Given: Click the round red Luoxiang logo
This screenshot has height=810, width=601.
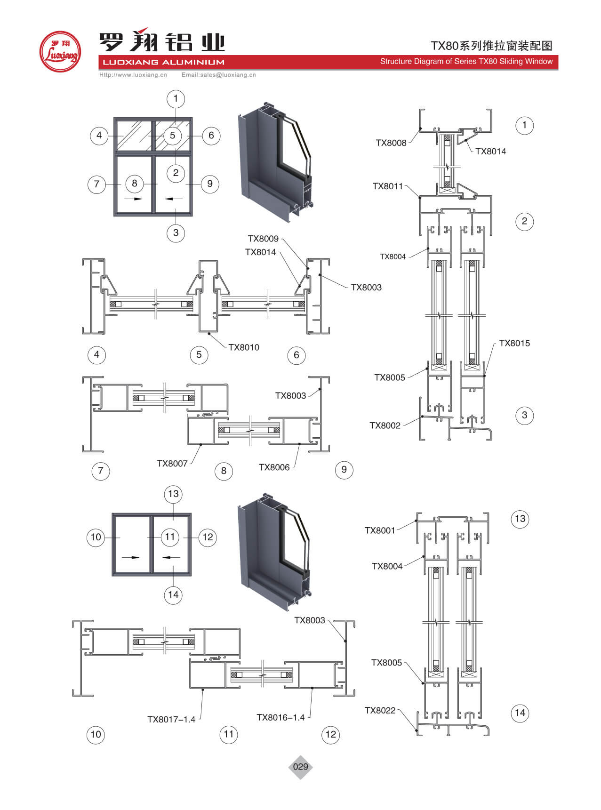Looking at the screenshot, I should pyautogui.click(x=60, y=51).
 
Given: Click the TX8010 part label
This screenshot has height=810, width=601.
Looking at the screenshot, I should pyautogui.click(x=243, y=347).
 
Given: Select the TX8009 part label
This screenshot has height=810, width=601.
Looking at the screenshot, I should pyautogui.click(x=263, y=239).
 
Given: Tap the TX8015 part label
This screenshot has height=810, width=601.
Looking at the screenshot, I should pyautogui.click(x=514, y=343).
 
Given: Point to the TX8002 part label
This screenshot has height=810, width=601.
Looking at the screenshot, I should pyautogui.click(x=385, y=425).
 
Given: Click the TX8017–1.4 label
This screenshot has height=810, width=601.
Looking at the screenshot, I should pyautogui.click(x=171, y=719).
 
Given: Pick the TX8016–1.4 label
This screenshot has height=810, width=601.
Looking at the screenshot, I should pyautogui.click(x=280, y=717).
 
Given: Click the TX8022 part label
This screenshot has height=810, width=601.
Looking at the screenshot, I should pyautogui.click(x=380, y=710).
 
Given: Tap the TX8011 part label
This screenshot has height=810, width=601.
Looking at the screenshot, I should pyautogui.click(x=387, y=186).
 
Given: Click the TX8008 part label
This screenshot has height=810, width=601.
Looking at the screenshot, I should pyautogui.click(x=391, y=143).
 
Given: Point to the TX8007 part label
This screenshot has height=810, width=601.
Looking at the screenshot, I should pyautogui.click(x=172, y=464).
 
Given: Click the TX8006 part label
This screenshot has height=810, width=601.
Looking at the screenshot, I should pyautogui.click(x=274, y=467).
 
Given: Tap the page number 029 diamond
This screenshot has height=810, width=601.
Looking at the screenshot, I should pyautogui.click(x=300, y=767).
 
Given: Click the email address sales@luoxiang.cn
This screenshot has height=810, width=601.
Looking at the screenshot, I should pyautogui.click(x=218, y=75).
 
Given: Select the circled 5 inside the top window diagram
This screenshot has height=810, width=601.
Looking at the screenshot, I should pyautogui.click(x=172, y=136).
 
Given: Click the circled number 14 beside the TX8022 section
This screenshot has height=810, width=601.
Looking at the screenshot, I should pyautogui.click(x=520, y=713).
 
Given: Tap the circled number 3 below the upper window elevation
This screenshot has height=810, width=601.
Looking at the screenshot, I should pyautogui.click(x=176, y=233).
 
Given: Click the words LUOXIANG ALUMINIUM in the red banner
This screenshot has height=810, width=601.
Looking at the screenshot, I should pyautogui.click(x=163, y=62).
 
